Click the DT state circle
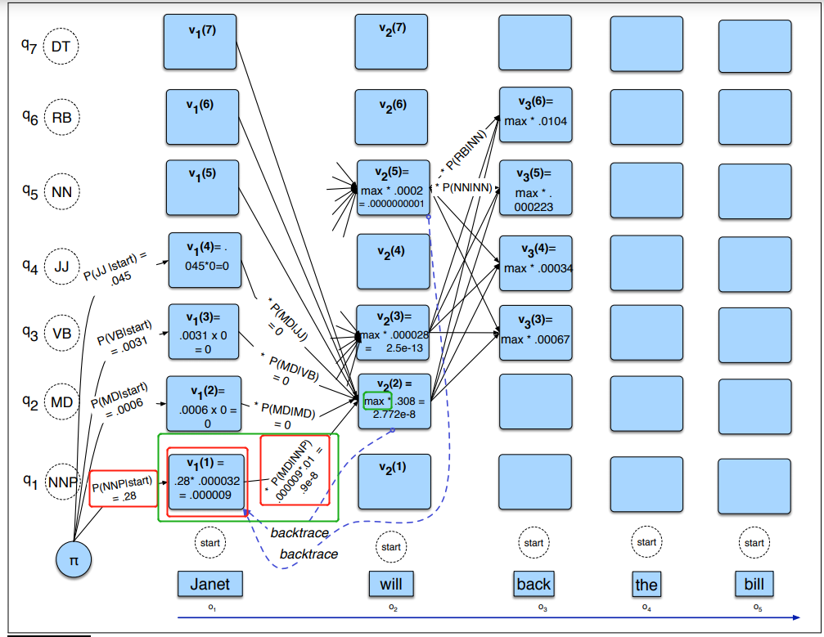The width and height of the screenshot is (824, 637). click(61, 47)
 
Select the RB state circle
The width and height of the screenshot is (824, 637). click(61, 119)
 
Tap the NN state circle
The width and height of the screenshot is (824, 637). click(61, 192)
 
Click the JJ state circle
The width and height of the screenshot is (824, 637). click(61, 267)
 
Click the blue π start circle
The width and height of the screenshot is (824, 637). click(74, 561)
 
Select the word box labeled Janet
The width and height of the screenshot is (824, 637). click(210, 584)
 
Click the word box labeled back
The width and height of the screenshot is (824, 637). click(534, 584)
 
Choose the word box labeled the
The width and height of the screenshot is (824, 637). click(646, 584)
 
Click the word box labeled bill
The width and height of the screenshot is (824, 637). click(754, 584)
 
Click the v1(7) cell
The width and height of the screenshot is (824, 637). click(200, 42)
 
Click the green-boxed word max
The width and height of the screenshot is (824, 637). click(374, 401)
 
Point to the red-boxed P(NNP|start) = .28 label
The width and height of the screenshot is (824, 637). click(123, 487)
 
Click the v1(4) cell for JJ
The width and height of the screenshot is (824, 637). click(205, 260)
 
